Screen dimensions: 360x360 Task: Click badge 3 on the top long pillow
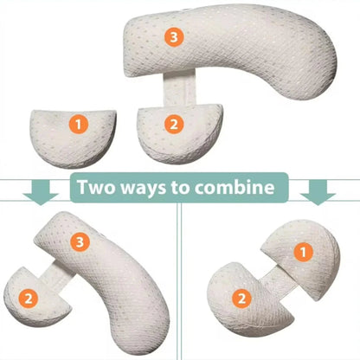pos(174,37)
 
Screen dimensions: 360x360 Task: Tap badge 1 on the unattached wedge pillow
pos(79,125)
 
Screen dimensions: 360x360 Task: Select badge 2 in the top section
pos(174,125)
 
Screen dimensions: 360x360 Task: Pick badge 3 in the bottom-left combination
pos(80,241)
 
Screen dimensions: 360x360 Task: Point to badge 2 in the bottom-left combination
pos(29,299)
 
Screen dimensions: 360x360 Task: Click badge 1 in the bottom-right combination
pos(304,252)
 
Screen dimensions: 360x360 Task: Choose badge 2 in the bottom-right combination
pos(242,299)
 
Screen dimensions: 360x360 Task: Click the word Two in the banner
pos(97,187)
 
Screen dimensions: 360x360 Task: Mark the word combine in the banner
pos(235,187)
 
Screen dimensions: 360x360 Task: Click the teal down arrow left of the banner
pos(41,192)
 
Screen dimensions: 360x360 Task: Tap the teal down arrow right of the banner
pos(318,192)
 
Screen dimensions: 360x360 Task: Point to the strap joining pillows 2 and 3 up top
pos(180,88)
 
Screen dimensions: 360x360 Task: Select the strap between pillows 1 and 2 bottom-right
pos(279,280)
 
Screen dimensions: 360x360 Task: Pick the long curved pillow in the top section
pos(231,50)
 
